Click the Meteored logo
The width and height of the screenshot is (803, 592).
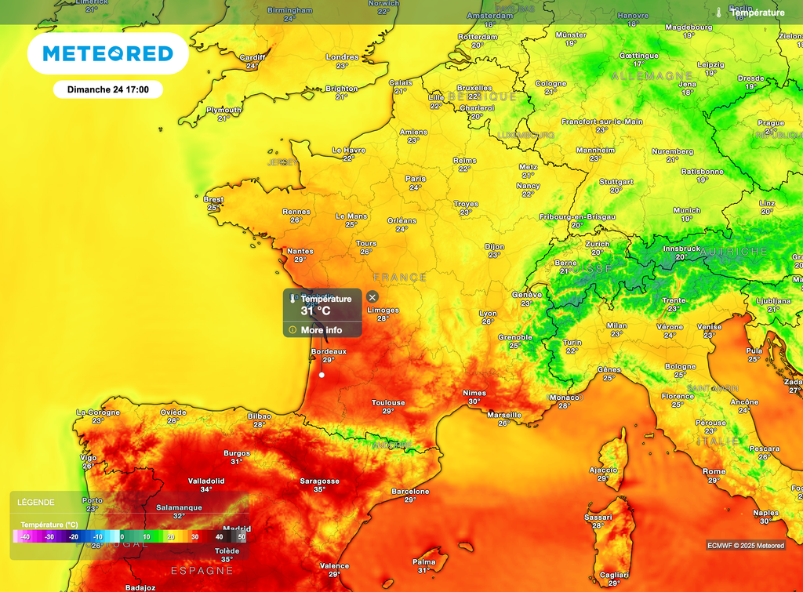[x=107, y=53]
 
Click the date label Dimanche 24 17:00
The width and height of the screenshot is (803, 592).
[x=108, y=89]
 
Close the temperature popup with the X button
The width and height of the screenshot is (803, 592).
[x=372, y=297]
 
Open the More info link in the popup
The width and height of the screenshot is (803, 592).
[x=321, y=330]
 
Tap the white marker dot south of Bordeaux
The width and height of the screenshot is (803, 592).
[x=322, y=375]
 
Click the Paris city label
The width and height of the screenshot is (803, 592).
[x=416, y=179]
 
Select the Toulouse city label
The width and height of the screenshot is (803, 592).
[x=388, y=403]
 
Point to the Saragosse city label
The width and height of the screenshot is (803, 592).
[x=320, y=481]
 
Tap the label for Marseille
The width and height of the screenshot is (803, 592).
[x=503, y=415]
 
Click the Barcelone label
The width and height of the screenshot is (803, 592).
[x=410, y=492]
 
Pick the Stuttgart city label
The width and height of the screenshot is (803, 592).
[x=616, y=182]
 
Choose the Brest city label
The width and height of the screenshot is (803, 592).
[x=213, y=199]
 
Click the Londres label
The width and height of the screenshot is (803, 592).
[x=342, y=57]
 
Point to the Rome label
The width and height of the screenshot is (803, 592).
[x=714, y=472]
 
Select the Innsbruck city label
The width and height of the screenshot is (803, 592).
[x=681, y=248]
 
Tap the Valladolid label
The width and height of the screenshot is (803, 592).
[x=206, y=481]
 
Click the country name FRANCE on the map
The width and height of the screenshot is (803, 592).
[x=400, y=278]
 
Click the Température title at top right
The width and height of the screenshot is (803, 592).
[x=757, y=13]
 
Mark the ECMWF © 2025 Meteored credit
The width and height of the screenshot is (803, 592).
[x=745, y=546]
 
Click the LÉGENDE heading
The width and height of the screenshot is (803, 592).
[x=36, y=503]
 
